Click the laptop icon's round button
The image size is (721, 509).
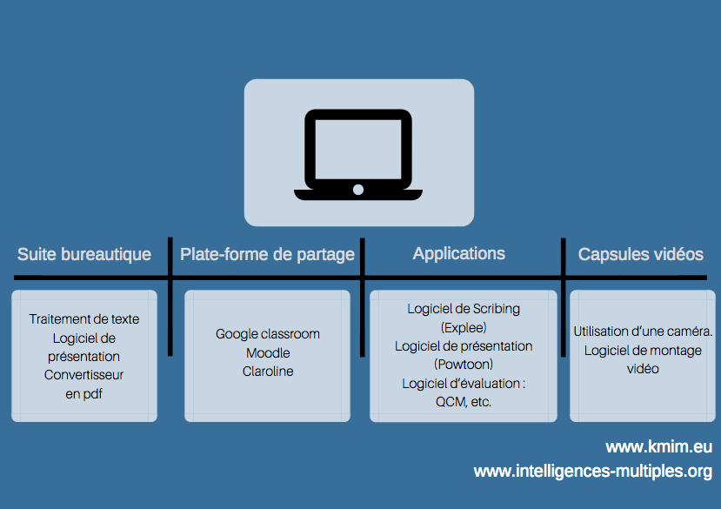click(358, 190)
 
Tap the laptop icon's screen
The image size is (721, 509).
click(357, 149)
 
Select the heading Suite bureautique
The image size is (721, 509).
click(84, 254)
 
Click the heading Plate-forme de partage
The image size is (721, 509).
click(267, 254)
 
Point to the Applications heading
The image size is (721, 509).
click(459, 253)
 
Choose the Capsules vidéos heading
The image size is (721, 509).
click(640, 254)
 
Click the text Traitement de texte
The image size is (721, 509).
click(84, 319)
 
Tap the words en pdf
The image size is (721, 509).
click(83, 394)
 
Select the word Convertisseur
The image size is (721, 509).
click(83, 375)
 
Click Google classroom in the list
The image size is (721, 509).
click(268, 334)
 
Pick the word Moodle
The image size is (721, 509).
click(268, 353)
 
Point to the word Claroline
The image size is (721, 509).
click(268, 372)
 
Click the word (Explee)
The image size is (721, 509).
click(464, 328)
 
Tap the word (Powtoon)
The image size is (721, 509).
click(464, 365)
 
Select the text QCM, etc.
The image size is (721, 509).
click(464, 402)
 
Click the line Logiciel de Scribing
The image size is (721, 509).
click(464, 309)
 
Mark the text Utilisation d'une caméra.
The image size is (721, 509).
click(643, 332)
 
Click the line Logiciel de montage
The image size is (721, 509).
click(643, 351)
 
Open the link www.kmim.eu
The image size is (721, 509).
click(659, 447)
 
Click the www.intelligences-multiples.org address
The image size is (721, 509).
click(593, 472)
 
